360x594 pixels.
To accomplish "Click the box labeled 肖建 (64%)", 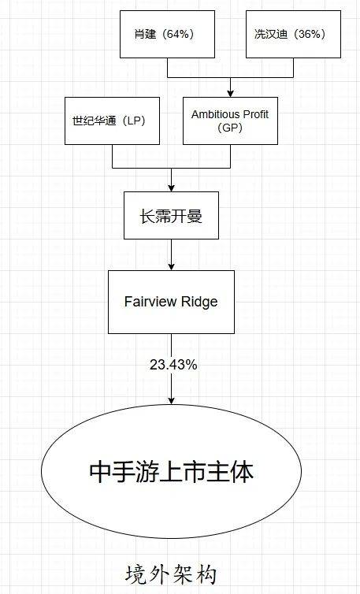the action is tap(168, 34).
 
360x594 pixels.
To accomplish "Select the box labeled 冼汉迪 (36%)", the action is tap(293, 34).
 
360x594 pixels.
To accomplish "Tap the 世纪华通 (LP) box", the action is tap(112, 121).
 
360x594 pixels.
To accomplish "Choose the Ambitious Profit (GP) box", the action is tap(230, 121).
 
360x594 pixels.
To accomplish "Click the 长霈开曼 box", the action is tap(171, 216).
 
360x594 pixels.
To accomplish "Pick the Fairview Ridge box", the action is tap(171, 302).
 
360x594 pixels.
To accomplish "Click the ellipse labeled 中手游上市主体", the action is tap(171, 471).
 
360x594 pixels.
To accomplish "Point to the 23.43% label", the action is tap(173, 365).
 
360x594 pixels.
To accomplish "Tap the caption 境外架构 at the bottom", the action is tap(171, 574).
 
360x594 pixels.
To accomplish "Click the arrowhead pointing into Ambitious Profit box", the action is tap(230, 94).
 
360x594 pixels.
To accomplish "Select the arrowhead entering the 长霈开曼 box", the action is tap(171, 188).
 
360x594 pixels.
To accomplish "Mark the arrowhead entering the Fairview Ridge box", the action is tap(171, 267).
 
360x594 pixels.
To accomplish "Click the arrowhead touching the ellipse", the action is tap(171, 400).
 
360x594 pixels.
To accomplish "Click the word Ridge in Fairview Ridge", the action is tap(199, 302).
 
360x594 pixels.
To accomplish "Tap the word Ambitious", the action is tap(216, 114).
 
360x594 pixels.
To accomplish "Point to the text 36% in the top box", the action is tap(310, 34).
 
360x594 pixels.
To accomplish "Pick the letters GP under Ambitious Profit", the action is tap(230, 128).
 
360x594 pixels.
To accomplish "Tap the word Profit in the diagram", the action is tap(256, 114).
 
